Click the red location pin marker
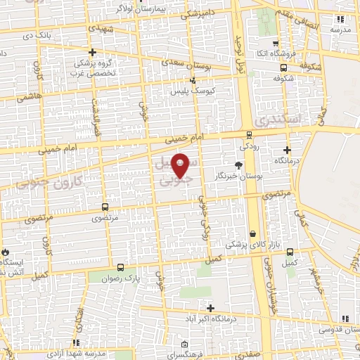coord(181,165)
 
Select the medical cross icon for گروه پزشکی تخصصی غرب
coord(92,52)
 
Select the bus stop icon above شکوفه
coord(283,68)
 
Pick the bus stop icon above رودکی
coord(249,136)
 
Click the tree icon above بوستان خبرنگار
coord(238,165)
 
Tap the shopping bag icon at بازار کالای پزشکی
coord(252,234)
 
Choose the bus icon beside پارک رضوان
coord(120,267)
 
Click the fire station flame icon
coord(6,251)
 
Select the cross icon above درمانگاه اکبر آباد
coord(211,308)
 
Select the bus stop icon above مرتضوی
coord(105,207)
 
